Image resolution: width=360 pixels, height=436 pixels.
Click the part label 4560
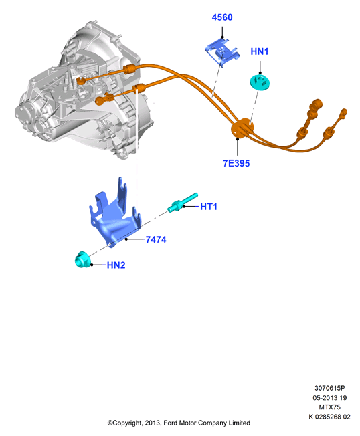pyautogui.click(x=222, y=17)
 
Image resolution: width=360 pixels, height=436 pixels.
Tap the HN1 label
pyautogui.click(x=259, y=51)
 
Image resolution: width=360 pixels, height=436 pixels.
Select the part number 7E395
pyautogui.click(x=236, y=163)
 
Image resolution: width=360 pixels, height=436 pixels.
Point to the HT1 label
pyautogui.click(x=209, y=207)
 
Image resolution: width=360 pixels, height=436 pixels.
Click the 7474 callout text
pyautogui.click(x=156, y=239)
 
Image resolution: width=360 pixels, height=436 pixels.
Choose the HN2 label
pyautogui.click(x=116, y=265)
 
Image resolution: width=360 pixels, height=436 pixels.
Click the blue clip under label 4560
pyautogui.click(x=222, y=52)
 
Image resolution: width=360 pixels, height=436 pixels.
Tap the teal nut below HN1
pyautogui.click(x=260, y=82)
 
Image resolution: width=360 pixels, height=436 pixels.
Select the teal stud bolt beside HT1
pyautogui.click(x=183, y=203)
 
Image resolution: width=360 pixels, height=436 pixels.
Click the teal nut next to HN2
pyautogui.click(x=82, y=259)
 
